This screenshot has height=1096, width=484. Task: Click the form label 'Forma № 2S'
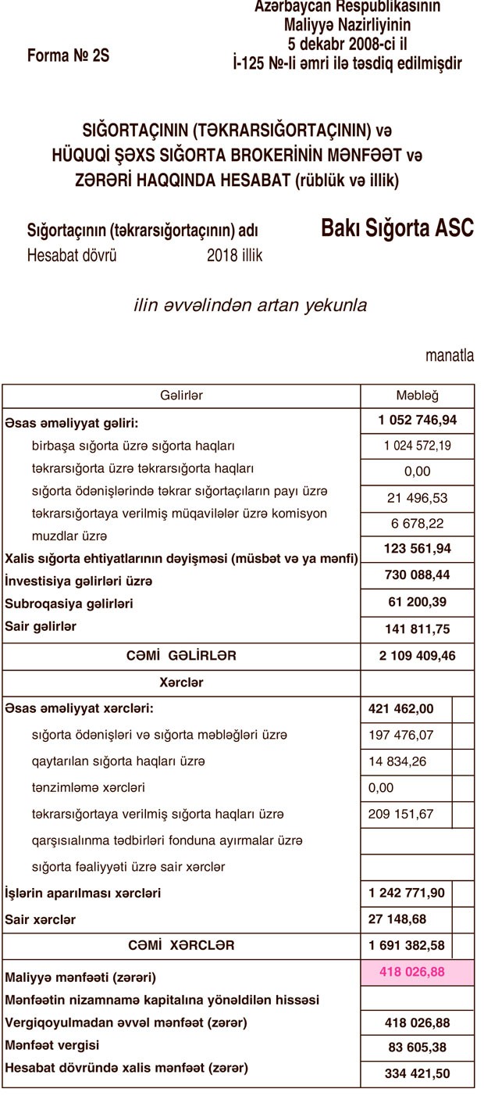click(x=68, y=56)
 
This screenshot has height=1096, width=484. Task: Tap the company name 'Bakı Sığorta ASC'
click(x=397, y=228)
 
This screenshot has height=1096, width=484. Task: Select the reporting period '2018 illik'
click(x=234, y=256)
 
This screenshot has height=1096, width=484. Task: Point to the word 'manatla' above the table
click(x=450, y=356)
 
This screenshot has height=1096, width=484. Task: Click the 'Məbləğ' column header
click(x=417, y=396)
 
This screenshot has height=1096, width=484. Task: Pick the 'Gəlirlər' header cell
click(x=181, y=396)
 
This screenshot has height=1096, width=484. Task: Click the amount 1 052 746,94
click(x=417, y=421)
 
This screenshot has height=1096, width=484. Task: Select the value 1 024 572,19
click(x=417, y=446)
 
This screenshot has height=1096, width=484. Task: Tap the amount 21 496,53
click(x=417, y=498)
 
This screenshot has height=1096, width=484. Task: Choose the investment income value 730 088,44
click(x=417, y=575)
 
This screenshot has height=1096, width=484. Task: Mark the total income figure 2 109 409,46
click(x=417, y=656)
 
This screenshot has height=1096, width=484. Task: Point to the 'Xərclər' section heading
click(x=181, y=682)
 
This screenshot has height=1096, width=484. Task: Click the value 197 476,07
click(x=400, y=735)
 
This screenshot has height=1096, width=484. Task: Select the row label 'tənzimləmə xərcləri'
click(x=87, y=787)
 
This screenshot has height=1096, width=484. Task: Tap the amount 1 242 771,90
click(x=406, y=893)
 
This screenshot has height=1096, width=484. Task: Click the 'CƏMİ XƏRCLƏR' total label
click(x=181, y=945)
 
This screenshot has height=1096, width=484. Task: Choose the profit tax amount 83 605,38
click(x=417, y=1048)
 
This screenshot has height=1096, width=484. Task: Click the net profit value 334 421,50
click(x=417, y=1073)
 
